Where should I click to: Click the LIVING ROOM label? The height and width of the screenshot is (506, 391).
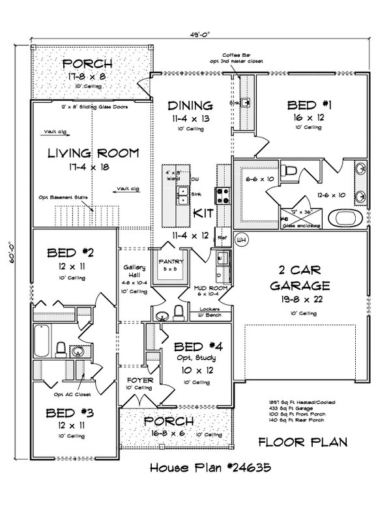(93, 154)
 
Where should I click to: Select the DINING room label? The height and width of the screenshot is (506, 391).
(190, 105)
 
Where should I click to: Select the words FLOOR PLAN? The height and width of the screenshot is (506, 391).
(302, 443)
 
